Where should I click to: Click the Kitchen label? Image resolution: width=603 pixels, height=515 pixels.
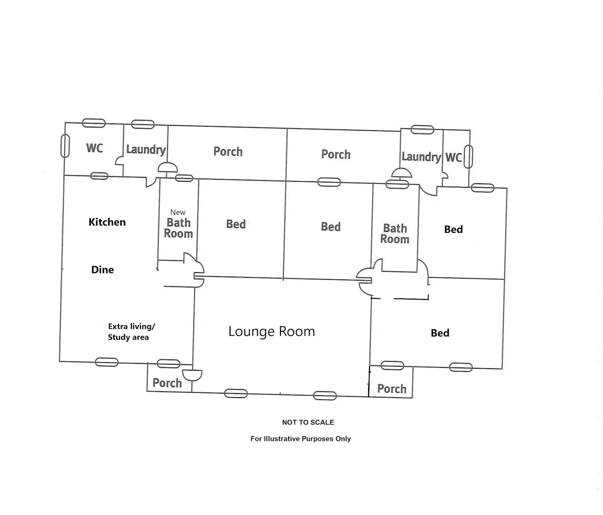point(107,222)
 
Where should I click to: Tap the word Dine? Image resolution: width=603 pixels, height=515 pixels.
point(103,270)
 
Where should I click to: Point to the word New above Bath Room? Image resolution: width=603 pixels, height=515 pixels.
point(178,212)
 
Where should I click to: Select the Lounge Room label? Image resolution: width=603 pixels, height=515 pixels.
point(272,331)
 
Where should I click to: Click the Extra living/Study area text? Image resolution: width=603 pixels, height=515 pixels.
point(131,332)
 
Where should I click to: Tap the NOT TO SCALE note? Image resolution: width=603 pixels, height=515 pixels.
point(308,422)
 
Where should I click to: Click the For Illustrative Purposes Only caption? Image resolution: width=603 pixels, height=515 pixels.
point(300,439)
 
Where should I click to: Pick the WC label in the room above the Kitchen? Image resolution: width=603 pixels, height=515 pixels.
point(94,148)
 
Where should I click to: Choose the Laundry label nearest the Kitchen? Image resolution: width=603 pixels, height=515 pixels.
point(146,150)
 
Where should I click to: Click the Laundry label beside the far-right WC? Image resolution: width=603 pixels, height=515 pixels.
point(421,157)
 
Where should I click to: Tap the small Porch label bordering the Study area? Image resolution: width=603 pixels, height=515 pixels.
point(167,383)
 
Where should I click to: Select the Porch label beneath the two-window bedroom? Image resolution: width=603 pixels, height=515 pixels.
point(392,389)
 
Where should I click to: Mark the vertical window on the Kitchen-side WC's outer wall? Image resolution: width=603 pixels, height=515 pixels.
point(65,146)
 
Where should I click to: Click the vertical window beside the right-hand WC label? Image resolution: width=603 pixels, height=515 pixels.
point(468,157)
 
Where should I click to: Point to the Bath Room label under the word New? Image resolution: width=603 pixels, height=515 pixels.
point(178,228)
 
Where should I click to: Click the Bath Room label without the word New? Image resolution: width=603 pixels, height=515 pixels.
point(395,234)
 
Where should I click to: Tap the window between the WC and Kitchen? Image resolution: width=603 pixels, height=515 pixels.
point(99,176)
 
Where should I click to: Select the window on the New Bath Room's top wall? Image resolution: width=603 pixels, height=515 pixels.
point(184,178)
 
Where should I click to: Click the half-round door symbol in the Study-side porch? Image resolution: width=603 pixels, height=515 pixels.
point(192,375)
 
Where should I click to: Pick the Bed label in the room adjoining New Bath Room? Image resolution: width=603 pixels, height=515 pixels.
point(236,224)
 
